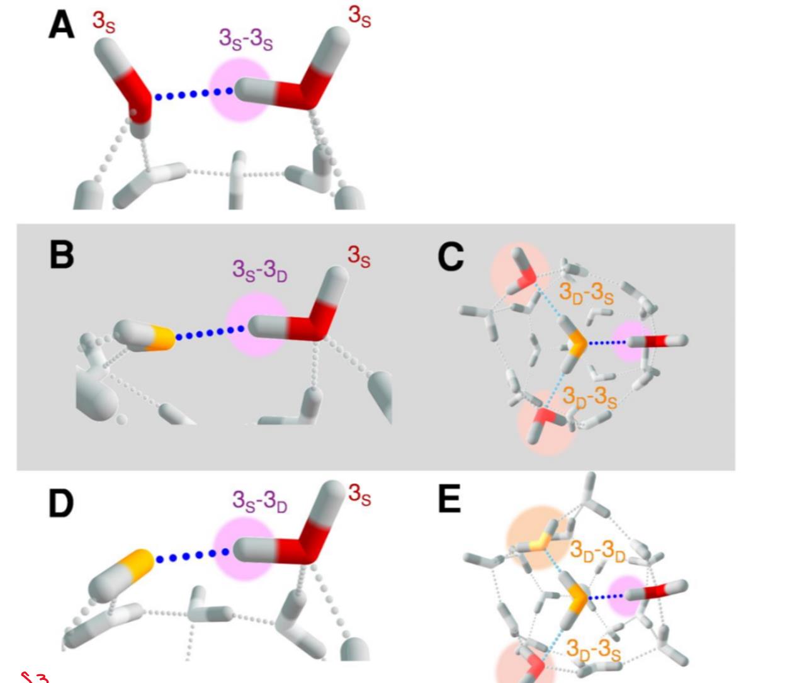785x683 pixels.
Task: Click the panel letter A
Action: click(x=62, y=24)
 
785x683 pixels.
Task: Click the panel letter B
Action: click(x=62, y=255)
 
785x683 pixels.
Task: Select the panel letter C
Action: click(x=451, y=257)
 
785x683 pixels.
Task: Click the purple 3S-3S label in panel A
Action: click(x=246, y=40)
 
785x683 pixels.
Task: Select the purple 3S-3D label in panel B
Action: click(x=260, y=271)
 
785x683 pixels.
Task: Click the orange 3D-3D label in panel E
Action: click(x=598, y=552)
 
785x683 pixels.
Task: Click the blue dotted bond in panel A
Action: click(x=194, y=94)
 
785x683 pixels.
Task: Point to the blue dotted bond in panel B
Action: click(x=210, y=333)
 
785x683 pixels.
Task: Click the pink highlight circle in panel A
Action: click(x=240, y=90)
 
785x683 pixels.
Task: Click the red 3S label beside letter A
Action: click(x=104, y=23)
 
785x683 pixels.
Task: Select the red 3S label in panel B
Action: click(x=359, y=256)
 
